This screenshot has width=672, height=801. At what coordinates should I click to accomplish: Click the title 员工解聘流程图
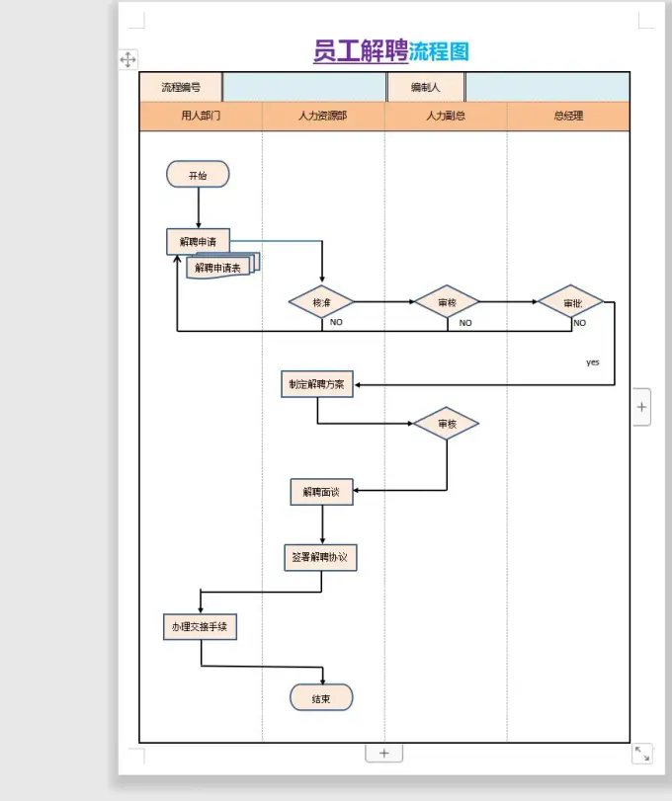[x=390, y=51]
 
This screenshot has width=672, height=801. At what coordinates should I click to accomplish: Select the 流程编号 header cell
[x=181, y=87]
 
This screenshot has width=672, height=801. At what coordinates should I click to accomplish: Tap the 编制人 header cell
[x=426, y=87]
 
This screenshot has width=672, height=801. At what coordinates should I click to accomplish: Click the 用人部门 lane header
[x=201, y=116]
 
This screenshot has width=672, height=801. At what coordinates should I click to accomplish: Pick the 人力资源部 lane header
[x=322, y=116]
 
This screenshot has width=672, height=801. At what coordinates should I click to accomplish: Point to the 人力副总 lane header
[x=446, y=116]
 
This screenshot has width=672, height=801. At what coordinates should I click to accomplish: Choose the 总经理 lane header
[x=568, y=116]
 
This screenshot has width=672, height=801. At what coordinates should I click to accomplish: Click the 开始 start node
[x=198, y=176]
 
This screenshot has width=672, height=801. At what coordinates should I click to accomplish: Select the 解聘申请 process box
[x=198, y=242]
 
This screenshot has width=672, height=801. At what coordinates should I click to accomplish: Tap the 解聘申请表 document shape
[x=219, y=267]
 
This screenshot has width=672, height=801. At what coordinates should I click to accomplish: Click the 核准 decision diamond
[x=321, y=302]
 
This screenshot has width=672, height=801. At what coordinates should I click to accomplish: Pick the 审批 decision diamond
[x=570, y=302]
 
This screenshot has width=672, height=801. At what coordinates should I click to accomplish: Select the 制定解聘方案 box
[x=317, y=385]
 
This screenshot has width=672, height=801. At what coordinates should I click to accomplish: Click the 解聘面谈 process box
[x=322, y=492]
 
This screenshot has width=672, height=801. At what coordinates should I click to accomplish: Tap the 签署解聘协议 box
[x=321, y=557]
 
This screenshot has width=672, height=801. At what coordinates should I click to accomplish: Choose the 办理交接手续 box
[x=201, y=626]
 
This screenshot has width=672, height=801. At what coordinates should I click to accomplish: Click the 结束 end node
[x=321, y=698]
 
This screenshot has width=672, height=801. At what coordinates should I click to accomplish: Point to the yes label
[x=592, y=362]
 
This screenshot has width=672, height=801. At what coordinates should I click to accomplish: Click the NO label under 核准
[x=336, y=322]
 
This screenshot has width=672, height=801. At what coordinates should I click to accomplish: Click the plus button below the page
[x=384, y=753]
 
